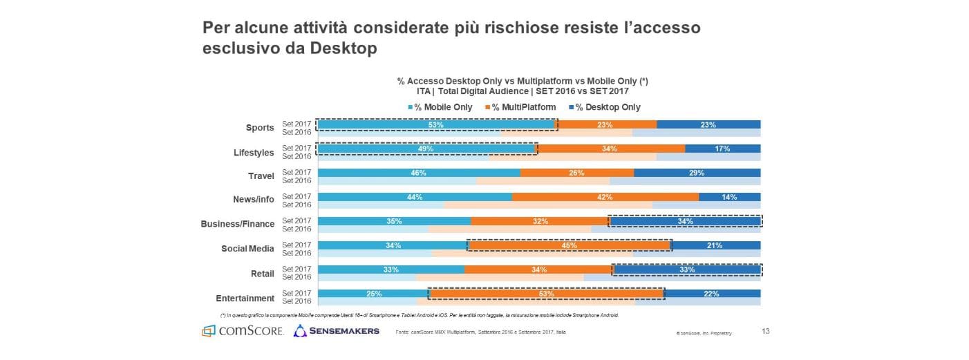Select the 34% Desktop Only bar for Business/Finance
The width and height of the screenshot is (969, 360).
pyautogui.click(x=685, y=221)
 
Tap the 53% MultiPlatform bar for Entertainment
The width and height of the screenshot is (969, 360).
pyautogui.click(x=546, y=294)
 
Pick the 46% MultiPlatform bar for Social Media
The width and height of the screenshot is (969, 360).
pyautogui.click(x=570, y=245)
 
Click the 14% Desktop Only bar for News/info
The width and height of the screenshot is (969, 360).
pyautogui.click(x=729, y=197)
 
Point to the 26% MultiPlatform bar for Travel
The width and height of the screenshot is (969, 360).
pyautogui.click(x=577, y=173)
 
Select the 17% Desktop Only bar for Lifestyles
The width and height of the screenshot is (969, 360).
pyautogui.click(x=722, y=149)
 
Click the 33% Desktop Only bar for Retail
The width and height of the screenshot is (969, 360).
pyautogui.click(x=686, y=269)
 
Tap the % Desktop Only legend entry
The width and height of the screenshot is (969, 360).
pyautogui.click(x=604, y=107)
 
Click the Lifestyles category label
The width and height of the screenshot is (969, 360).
pyautogui.click(x=254, y=153)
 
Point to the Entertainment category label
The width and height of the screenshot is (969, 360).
pyautogui.click(x=245, y=299)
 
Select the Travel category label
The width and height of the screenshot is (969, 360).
pyautogui.click(x=261, y=176)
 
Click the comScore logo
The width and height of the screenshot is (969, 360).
pyautogui.click(x=243, y=331)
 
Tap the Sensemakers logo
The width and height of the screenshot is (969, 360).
pyautogui.click(x=337, y=331)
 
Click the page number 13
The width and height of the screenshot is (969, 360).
pyautogui.click(x=765, y=331)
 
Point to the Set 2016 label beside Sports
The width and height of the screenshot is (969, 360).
pyautogui.click(x=297, y=132)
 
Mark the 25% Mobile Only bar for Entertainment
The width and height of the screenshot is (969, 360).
pyautogui.click(x=373, y=294)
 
